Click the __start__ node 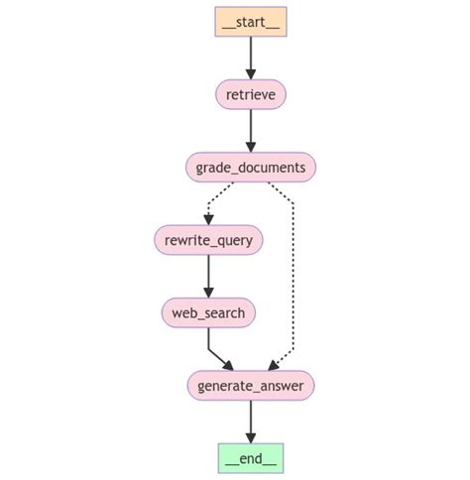point(250,22)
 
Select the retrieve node point(250,94)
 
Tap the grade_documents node point(250,167)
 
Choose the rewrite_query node point(208,240)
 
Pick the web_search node point(208,313)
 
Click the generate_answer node point(250,386)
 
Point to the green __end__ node point(250,458)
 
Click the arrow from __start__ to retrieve point(250,57)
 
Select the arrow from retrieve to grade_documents point(250,129)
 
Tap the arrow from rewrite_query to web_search point(208,275)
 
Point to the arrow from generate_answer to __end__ point(250,420)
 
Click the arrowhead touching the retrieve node point(250,75)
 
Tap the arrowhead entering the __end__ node point(250,438)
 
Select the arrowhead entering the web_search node point(208,294)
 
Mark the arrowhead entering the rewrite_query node point(208,220)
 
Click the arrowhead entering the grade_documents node point(250,148)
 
